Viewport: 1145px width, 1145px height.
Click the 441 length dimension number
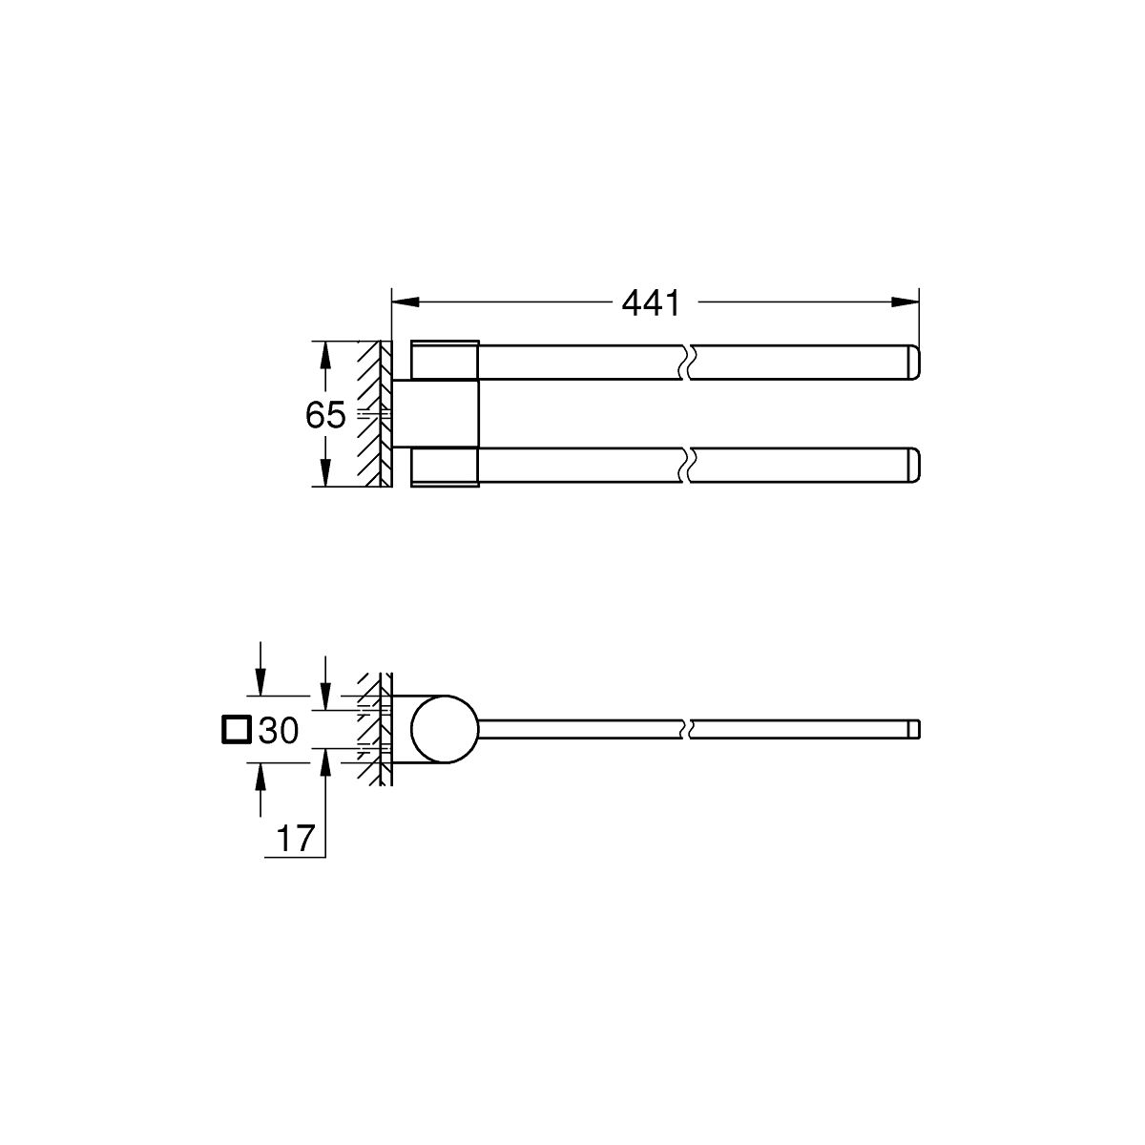click(x=651, y=303)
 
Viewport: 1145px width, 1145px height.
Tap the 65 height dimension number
click(x=325, y=415)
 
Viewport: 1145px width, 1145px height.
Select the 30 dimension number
click(x=279, y=730)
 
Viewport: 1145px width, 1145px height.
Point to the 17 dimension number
click(x=295, y=839)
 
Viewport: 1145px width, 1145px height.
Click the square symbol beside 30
click(x=237, y=730)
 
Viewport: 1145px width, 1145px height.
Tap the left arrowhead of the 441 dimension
click(x=406, y=302)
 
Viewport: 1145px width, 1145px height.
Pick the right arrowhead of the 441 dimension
click(x=905, y=302)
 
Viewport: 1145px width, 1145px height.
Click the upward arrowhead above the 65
click(x=324, y=355)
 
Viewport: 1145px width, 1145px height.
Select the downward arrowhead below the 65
click(x=324, y=473)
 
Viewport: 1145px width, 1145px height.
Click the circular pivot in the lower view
click(x=445, y=729)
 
